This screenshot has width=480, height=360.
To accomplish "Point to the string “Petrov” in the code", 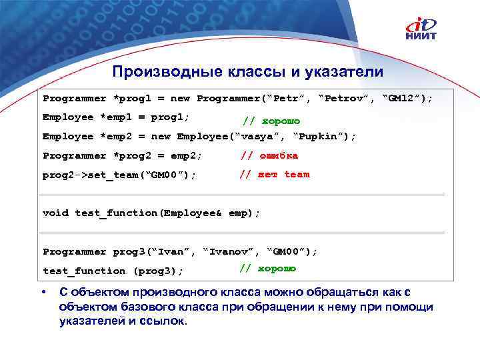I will [346, 99].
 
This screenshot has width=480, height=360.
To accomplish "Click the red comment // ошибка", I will [269, 155].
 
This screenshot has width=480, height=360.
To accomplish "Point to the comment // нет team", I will [275, 175].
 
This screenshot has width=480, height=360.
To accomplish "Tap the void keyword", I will [55, 213].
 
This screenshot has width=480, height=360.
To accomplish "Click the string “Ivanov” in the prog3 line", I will [229, 252].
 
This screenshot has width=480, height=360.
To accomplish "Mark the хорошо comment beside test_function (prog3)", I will [268, 269].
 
